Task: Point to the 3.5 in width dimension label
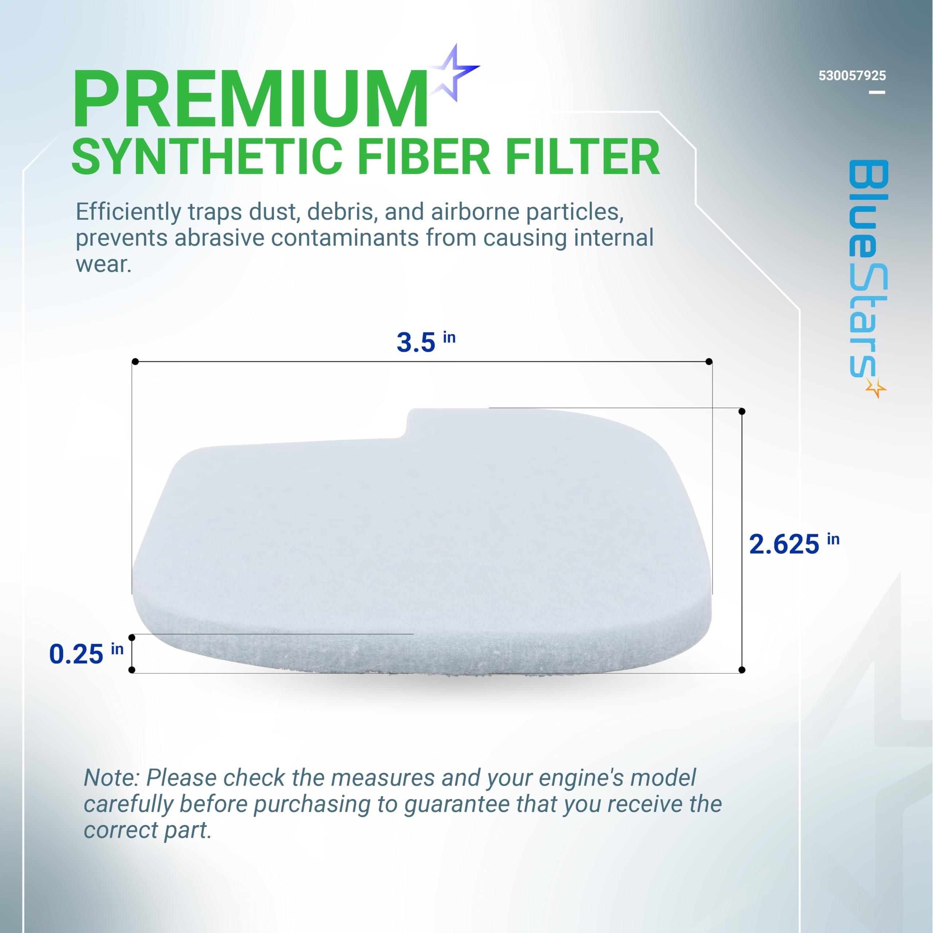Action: click(425, 341)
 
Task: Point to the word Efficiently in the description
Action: click(128, 212)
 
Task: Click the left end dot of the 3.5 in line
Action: click(135, 362)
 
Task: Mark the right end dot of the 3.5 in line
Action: click(709, 362)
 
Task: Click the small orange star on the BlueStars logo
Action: click(875, 387)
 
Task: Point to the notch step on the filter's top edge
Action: click(409, 425)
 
